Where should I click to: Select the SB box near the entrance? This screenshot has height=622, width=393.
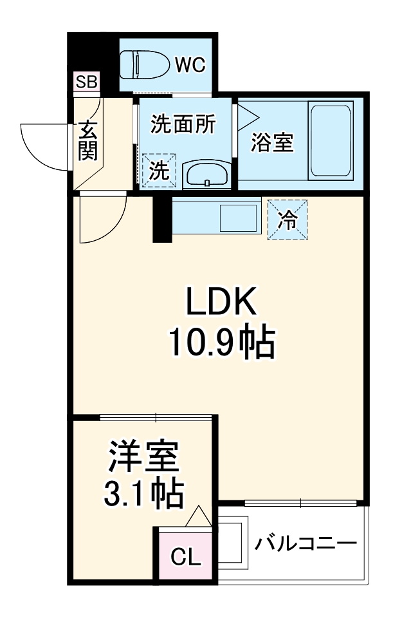pos(86,82)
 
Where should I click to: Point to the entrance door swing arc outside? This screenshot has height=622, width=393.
pos(42,144)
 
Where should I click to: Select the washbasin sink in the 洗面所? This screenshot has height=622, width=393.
pos(206,174)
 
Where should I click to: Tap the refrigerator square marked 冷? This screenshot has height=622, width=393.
pos(287,220)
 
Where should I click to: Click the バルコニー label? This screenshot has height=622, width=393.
pos(305,545)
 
